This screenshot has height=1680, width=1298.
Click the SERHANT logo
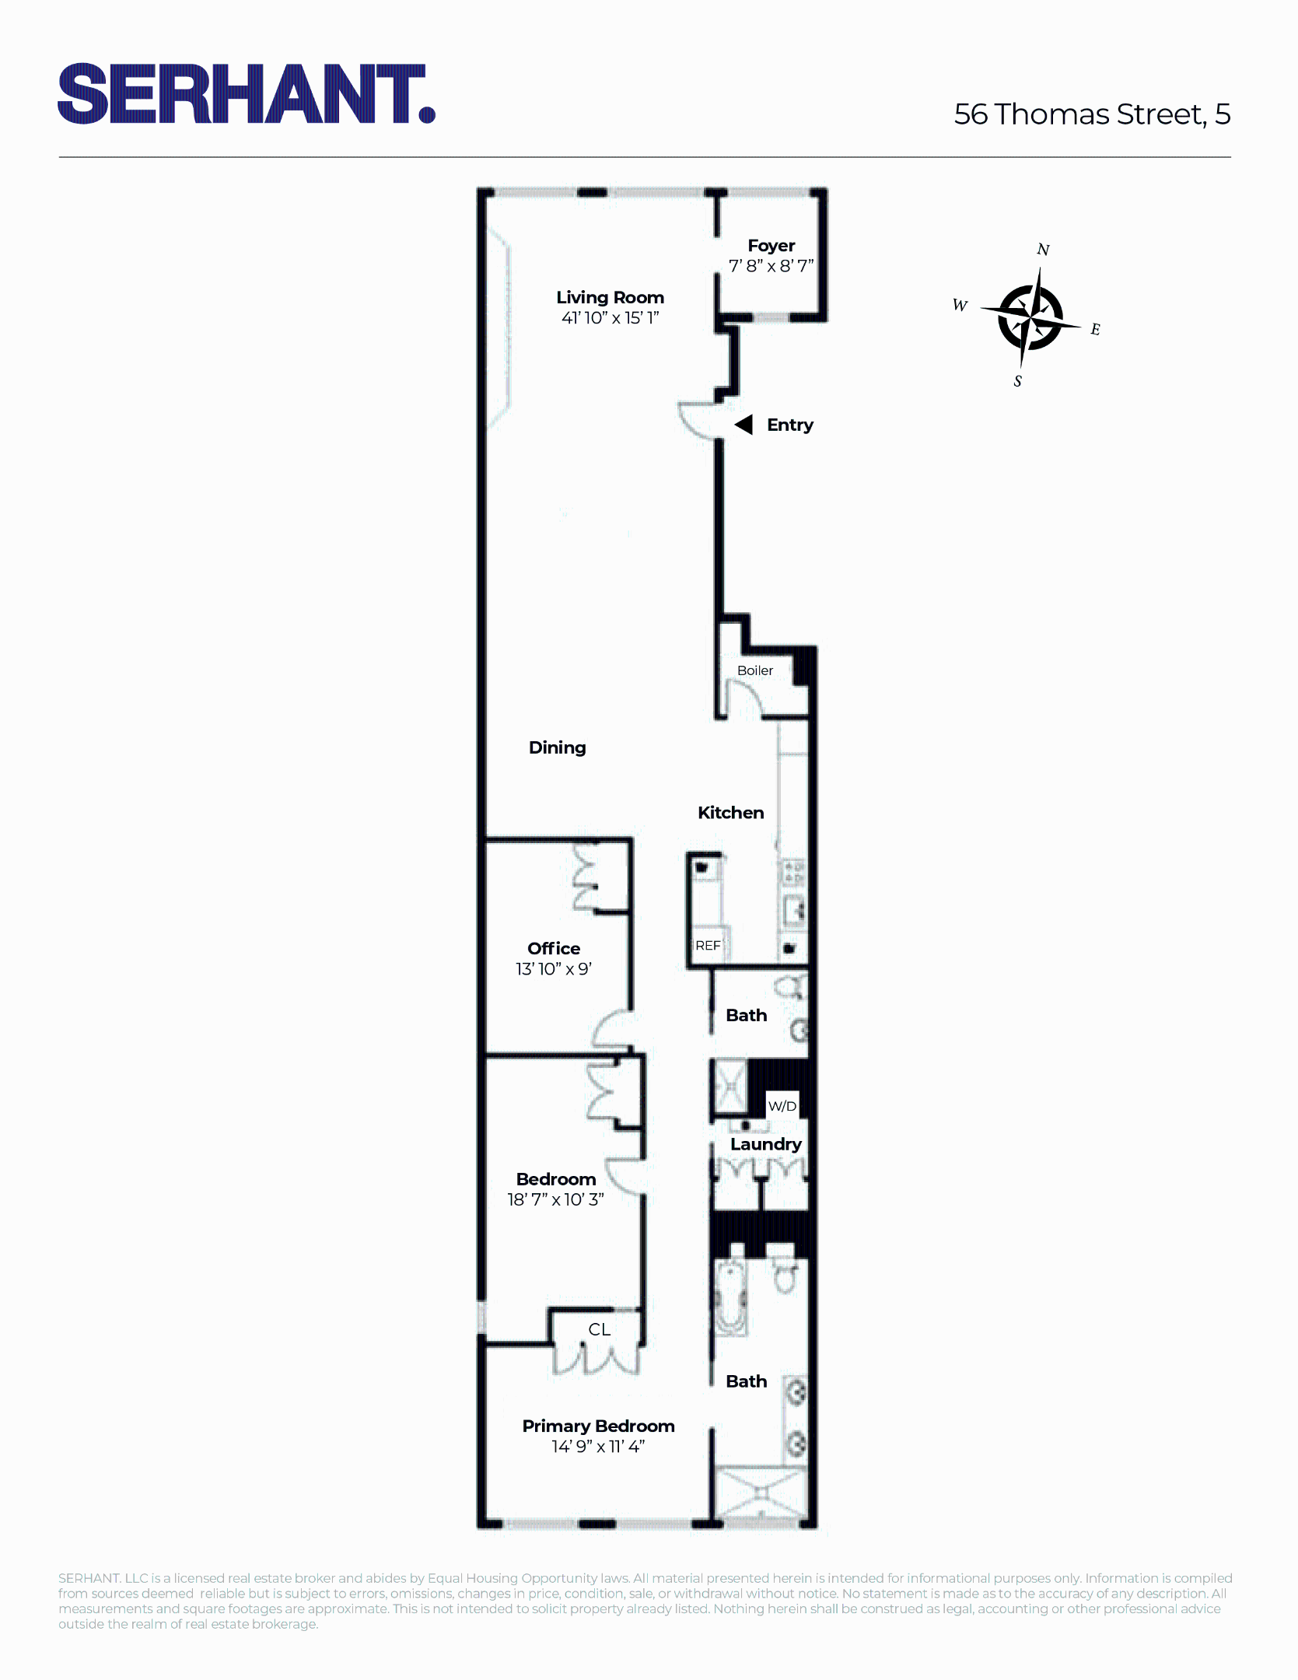pyautogui.click(x=246, y=94)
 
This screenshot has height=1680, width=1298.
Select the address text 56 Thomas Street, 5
pyautogui.click(x=1092, y=114)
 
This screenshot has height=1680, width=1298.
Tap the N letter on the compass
pyautogui.click(x=1043, y=250)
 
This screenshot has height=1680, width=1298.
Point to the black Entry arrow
pyautogui.click(x=744, y=425)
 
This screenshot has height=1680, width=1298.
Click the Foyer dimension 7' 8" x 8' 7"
pyautogui.click(x=771, y=266)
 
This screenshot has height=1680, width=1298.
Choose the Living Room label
pyautogui.click(x=610, y=297)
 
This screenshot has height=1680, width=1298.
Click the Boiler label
pyautogui.click(x=754, y=670)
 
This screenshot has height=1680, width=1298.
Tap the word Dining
pyautogui.click(x=557, y=747)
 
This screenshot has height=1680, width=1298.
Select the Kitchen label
pyautogui.click(x=730, y=813)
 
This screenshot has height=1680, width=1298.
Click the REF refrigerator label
pyautogui.click(x=708, y=946)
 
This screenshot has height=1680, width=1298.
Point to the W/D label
pyautogui.click(x=782, y=1106)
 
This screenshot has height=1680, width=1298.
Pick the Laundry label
pyautogui.click(x=765, y=1144)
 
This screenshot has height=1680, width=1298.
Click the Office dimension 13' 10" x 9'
pyautogui.click(x=554, y=969)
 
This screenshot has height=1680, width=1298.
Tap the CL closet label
pyautogui.click(x=599, y=1329)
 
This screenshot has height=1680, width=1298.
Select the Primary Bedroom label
pyautogui.click(x=598, y=1426)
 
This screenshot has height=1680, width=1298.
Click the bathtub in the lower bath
pyautogui.click(x=731, y=1296)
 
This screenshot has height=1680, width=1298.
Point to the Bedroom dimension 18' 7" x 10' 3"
pyautogui.click(x=555, y=1199)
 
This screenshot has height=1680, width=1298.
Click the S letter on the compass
pyautogui.click(x=1017, y=381)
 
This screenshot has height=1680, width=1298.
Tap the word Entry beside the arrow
pyautogui.click(x=789, y=425)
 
